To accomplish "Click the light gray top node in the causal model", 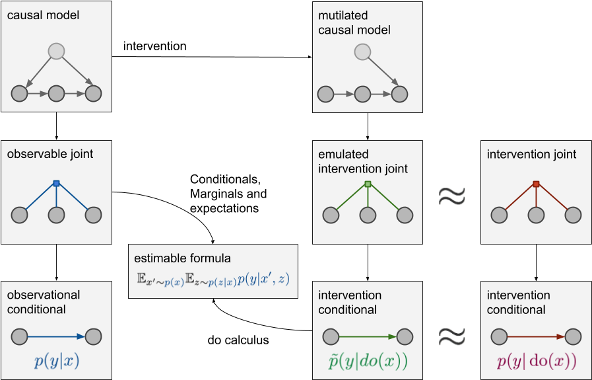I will [56, 51].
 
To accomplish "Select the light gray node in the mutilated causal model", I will [362, 51].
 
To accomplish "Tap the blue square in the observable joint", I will [56, 183].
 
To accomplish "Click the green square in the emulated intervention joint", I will [368, 184].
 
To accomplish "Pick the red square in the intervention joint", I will [536, 184].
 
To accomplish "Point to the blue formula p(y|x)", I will [56, 361].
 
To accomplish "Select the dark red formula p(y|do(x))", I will [536, 361].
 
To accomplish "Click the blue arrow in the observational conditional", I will [56, 336].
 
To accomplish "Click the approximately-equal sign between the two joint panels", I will [452, 196].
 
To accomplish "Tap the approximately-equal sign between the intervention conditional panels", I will [452, 337].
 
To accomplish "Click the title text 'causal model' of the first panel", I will [43, 15].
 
